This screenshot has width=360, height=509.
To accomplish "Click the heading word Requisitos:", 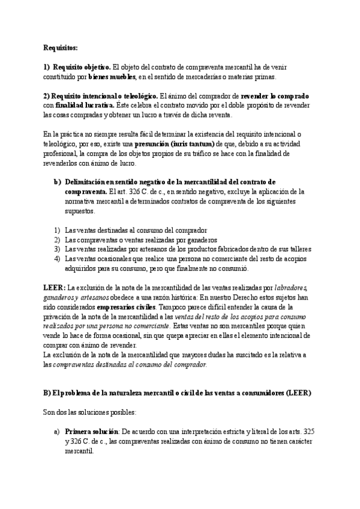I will (61, 47).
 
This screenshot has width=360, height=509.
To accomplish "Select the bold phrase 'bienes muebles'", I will (112, 76).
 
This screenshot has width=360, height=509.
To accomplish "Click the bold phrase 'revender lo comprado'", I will (275, 96).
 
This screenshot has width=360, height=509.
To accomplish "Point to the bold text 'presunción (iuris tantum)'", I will (175, 144).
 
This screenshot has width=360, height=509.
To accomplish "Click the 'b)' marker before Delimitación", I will (57, 182).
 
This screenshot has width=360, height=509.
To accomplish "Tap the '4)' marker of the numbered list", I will (57, 259).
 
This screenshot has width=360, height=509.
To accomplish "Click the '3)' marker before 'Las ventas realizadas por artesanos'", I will (57, 249).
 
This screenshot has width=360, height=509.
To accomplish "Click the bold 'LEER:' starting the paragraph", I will (55, 288).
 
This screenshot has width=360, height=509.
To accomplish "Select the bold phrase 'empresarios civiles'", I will (118, 307).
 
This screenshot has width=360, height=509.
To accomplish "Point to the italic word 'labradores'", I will (291, 288).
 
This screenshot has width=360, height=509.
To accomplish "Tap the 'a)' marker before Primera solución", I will (57, 432).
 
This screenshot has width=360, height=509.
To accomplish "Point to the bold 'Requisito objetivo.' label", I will (81, 67).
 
